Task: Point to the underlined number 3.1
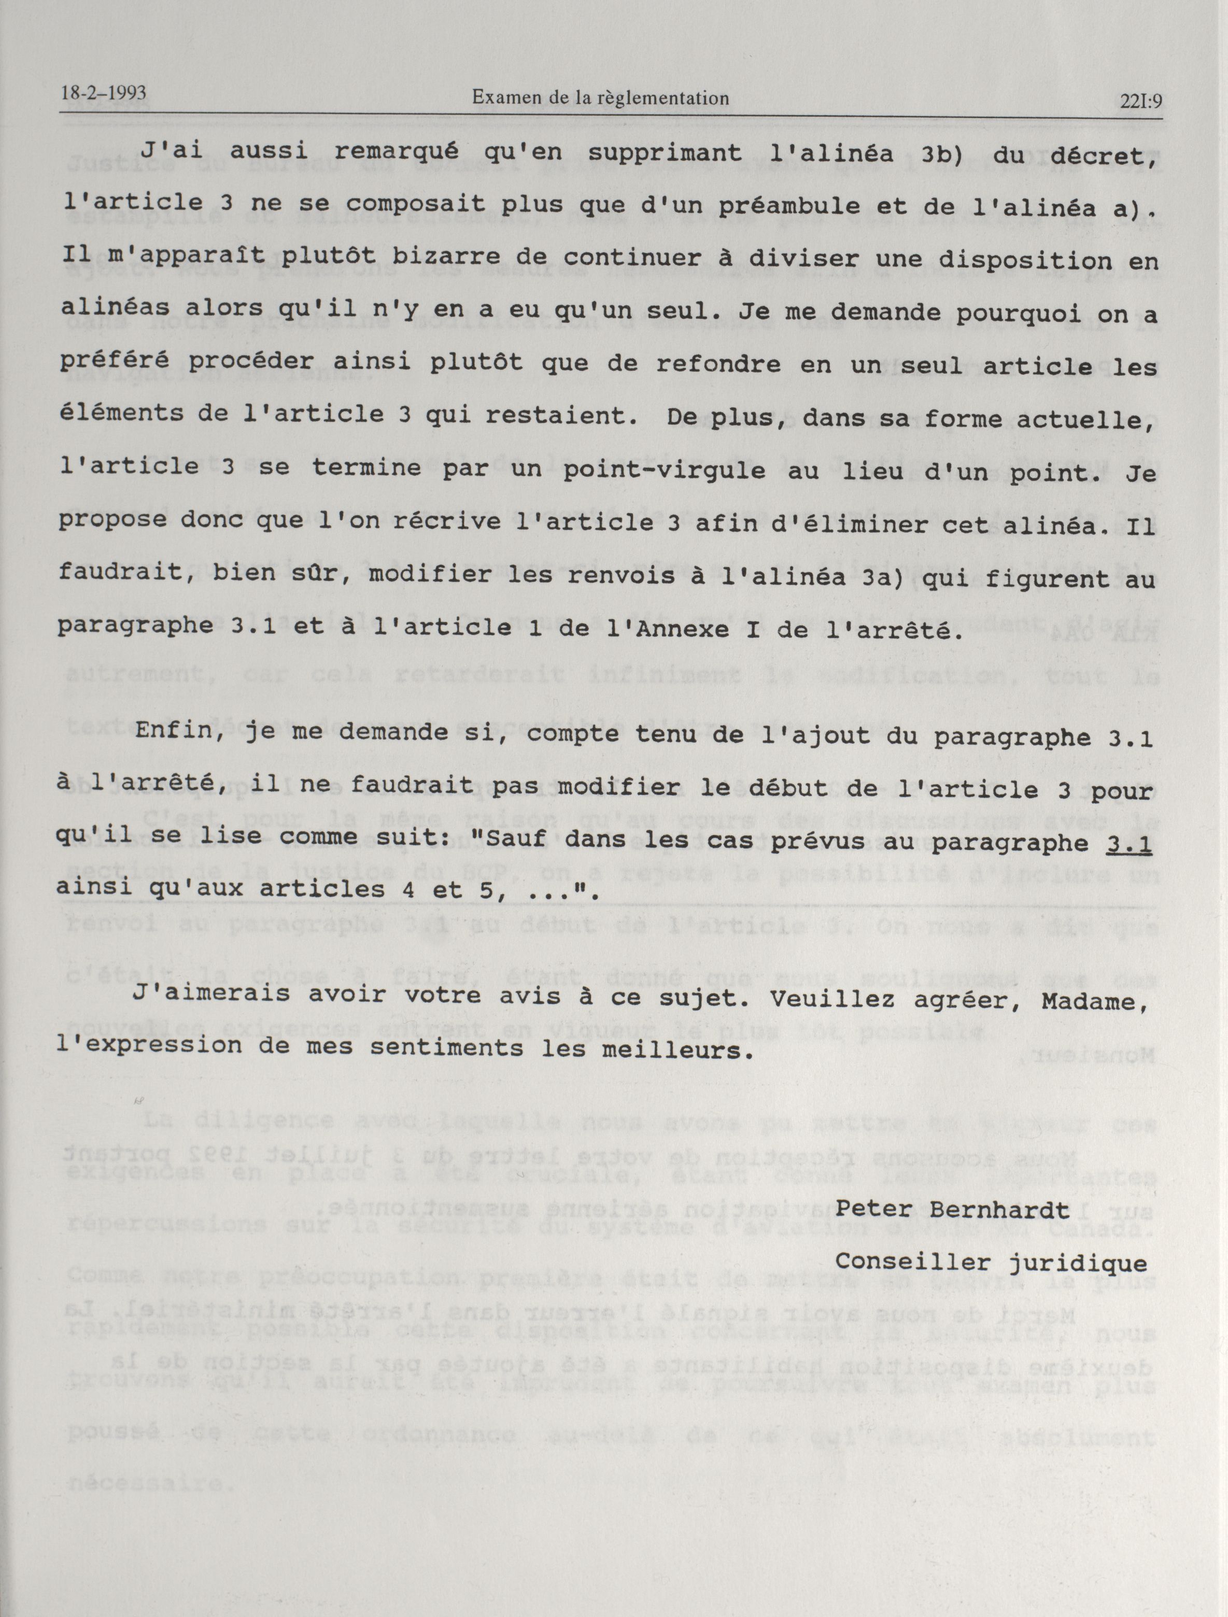pyautogui.click(x=1130, y=844)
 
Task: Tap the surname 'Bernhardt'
pyautogui.click(x=1000, y=1209)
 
